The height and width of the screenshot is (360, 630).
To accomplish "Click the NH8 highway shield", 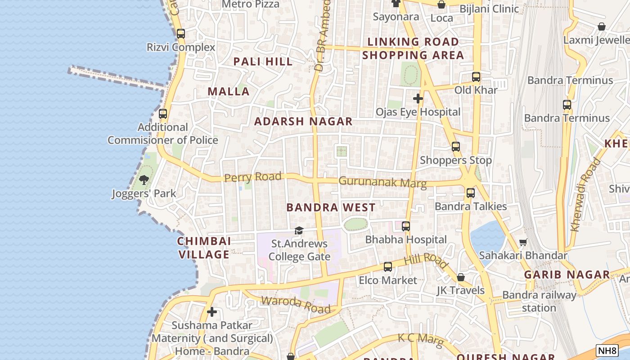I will [607, 351].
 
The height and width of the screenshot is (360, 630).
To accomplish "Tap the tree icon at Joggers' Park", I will [144, 180].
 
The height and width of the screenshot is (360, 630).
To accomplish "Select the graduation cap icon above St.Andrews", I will [299, 231].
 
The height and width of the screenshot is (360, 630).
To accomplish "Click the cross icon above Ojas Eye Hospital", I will [418, 98].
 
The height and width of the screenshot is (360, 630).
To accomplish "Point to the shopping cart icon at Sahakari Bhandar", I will [523, 243].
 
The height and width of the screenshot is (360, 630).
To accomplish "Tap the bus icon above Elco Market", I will [387, 267].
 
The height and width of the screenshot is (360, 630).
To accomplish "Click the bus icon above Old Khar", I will [476, 77].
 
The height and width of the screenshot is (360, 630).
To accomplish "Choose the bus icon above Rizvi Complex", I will [181, 34].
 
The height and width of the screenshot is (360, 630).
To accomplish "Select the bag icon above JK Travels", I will [460, 277].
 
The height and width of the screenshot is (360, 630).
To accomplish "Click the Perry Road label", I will [253, 177].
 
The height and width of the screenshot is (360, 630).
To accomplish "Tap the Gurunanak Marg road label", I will [382, 182].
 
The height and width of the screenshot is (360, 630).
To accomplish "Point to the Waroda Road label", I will [296, 304].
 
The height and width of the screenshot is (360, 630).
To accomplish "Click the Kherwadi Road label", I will [585, 195].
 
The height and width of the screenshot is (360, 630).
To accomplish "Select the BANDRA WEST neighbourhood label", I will [331, 207].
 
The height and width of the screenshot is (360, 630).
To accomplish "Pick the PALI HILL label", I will [263, 62].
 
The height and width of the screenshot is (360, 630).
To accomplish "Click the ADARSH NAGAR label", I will [303, 121].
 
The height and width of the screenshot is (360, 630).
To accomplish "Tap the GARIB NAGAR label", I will [567, 274].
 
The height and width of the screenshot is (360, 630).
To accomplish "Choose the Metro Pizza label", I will [251, 4].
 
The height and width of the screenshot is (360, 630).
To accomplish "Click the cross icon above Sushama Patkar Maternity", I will [212, 312].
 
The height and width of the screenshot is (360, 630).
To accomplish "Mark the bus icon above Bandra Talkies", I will [471, 193].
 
